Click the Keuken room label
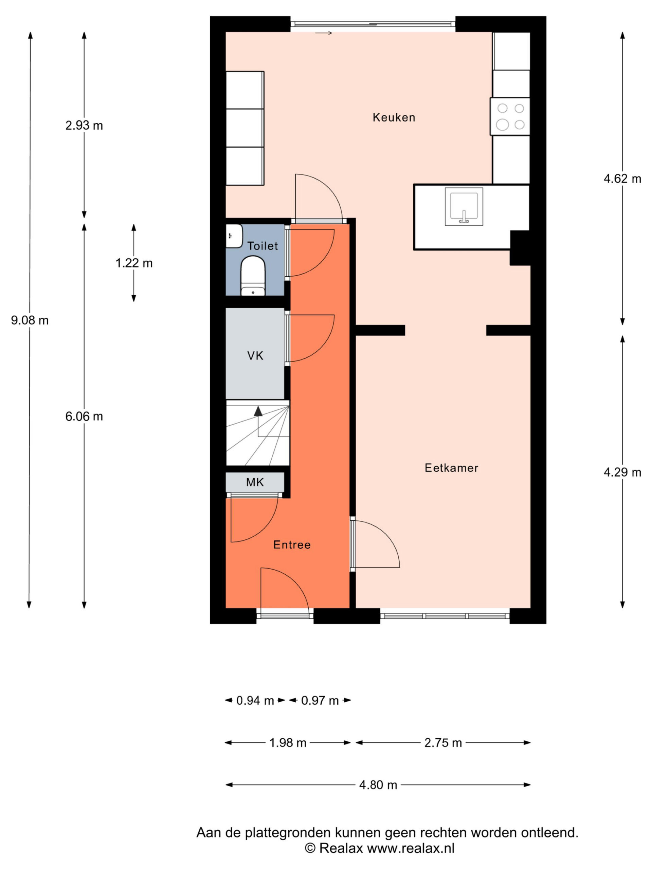click(x=394, y=117)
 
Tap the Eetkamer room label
click(x=452, y=468)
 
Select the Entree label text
click(x=292, y=545)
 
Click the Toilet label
click(x=262, y=246)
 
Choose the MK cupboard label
click(x=255, y=482)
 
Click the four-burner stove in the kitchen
click(x=510, y=117)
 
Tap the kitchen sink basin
click(x=464, y=207)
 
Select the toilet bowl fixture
click(x=253, y=276)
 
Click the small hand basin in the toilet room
click(x=234, y=236)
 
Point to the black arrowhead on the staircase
click(x=258, y=411)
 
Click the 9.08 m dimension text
click(x=30, y=320)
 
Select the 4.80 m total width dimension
click(x=378, y=785)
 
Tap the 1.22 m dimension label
click(x=134, y=263)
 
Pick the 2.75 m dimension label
click(x=443, y=743)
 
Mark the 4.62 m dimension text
click(x=622, y=179)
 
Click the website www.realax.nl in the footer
click(x=411, y=848)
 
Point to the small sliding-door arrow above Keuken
click(x=323, y=33)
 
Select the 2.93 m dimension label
click(x=84, y=125)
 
